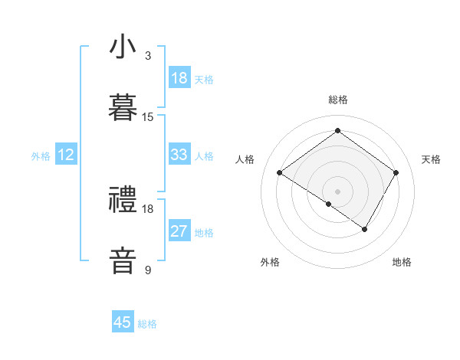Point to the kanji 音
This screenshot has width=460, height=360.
click(x=123, y=260)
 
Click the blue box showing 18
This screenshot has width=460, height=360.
click(x=179, y=78)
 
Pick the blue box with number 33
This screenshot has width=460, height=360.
click(x=179, y=155)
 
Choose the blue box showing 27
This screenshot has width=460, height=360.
click(x=179, y=231)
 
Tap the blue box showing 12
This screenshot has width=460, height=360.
click(x=66, y=155)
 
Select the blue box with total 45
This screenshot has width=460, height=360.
click(x=123, y=322)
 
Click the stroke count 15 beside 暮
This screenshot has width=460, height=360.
click(x=148, y=117)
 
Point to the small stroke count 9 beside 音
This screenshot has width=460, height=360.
click(x=148, y=270)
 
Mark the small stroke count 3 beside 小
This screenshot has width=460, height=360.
click(x=148, y=56)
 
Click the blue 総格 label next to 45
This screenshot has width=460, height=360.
click(x=147, y=324)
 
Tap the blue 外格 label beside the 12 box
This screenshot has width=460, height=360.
click(x=41, y=156)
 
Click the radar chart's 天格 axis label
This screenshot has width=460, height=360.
click(x=431, y=159)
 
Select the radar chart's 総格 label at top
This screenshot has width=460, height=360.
click(x=337, y=100)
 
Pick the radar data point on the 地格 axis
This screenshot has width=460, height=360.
click(x=365, y=229)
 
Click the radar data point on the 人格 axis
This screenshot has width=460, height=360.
click(x=280, y=173)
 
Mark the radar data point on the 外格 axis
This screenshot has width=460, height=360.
click(x=329, y=204)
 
